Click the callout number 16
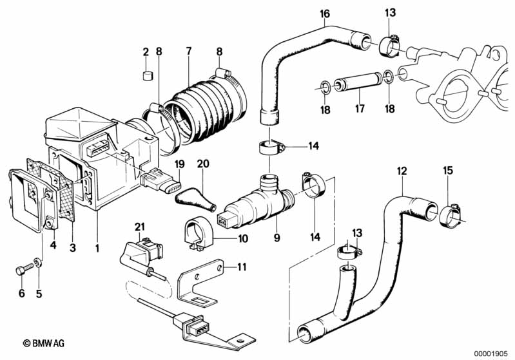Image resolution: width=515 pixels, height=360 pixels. (x=324, y=14)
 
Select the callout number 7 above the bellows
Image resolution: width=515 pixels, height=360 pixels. (x=188, y=50)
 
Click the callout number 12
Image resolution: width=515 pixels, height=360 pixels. (x=402, y=172)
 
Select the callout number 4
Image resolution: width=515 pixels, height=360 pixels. (x=53, y=244)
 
